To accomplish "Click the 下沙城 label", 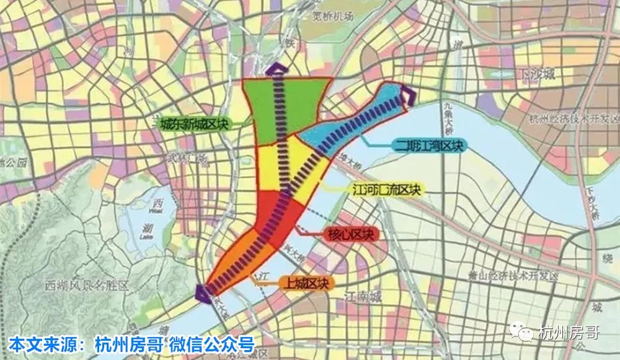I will tap(537, 75).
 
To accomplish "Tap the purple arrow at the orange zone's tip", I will tap(203, 292).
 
